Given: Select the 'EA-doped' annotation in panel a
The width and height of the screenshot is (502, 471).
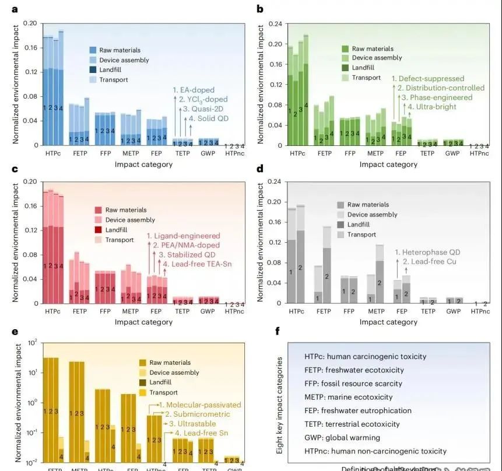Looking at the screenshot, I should coord(196,90).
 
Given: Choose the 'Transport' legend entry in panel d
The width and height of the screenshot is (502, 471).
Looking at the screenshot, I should coord(362,235).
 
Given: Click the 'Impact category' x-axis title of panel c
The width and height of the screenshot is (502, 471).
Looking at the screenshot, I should coord(143,322).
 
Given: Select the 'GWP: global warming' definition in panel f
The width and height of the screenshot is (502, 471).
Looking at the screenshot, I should coord(342,438).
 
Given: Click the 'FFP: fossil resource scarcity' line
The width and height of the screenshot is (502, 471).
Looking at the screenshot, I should coord(353,383).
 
